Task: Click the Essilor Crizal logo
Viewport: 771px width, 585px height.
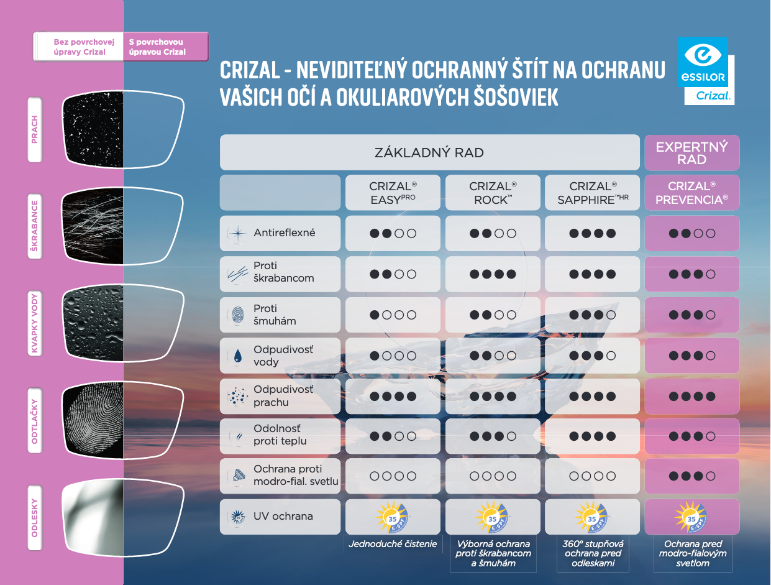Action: click(706, 71)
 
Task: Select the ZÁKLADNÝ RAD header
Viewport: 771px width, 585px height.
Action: click(429, 152)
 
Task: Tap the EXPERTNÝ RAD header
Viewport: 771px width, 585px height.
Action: click(691, 153)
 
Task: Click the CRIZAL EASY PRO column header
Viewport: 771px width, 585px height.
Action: click(393, 193)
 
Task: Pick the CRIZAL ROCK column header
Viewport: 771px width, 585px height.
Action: click(493, 193)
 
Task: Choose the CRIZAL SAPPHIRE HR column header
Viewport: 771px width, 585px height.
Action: click(593, 193)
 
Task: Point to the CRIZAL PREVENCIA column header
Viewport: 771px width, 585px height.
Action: click(691, 193)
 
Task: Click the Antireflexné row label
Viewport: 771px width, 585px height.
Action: click(284, 233)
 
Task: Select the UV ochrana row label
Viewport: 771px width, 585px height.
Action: click(283, 516)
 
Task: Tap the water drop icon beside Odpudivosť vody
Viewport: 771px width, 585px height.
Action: click(237, 356)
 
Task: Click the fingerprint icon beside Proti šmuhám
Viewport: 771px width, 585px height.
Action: click(237, 315)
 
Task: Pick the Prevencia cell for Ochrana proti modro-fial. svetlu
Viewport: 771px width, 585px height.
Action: click(691, 476)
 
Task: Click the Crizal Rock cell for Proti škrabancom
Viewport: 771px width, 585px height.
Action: click(493, 274)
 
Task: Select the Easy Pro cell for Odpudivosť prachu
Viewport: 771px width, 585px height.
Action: click(393, 396)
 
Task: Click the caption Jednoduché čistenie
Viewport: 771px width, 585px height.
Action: click(393, 544)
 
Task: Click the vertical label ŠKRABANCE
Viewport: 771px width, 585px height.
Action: click(35, 228)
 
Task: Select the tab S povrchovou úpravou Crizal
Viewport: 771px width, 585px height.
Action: click(164, 47)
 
